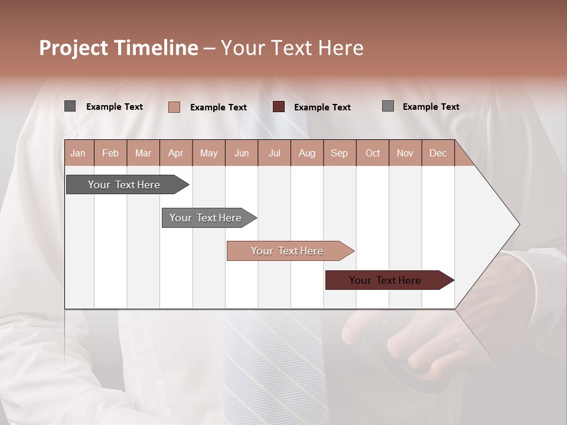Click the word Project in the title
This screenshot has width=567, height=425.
73,48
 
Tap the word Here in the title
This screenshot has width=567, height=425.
341,48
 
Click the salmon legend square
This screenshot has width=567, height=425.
174,107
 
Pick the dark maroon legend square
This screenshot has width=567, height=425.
279,107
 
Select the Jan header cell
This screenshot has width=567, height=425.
78,153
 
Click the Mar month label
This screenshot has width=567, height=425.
143,153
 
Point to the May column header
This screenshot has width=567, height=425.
208,153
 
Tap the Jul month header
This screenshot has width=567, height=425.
274,153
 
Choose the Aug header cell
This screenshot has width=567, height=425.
307,153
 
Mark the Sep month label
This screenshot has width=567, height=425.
340,153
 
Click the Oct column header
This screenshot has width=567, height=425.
373,153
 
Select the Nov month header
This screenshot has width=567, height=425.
405,153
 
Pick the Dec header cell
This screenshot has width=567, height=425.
438,153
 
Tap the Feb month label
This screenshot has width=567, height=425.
110,153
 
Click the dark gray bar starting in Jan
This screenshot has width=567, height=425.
124,185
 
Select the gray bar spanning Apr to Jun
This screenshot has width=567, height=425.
206,218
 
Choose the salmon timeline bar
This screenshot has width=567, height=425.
287,251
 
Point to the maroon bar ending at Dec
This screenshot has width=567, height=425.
386,280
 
